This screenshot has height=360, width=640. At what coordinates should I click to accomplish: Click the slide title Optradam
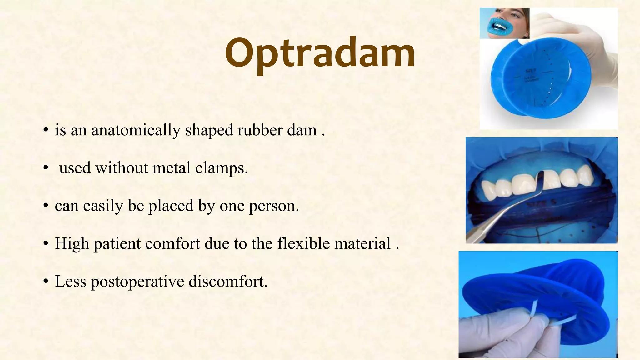(x=320, y=54)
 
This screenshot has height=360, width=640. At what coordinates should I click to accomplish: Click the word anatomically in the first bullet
(x=136, y=130)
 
